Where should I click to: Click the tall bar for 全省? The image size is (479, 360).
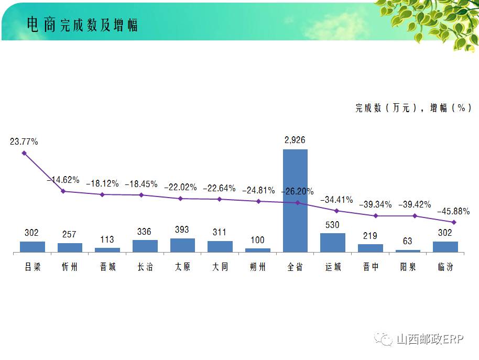[x=295, y=201]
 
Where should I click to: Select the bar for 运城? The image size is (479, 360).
[x=333, y=243]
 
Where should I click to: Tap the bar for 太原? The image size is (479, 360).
[x=182, y=245]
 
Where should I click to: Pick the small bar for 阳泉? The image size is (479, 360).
[x=408, y=251]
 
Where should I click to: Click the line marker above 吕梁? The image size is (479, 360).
[x=24, y=153]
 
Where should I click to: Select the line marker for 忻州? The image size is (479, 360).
[x=63, y=191]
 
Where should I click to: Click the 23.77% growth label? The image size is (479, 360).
[x=24, y=141]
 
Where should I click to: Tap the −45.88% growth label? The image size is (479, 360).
[x=453, y=211]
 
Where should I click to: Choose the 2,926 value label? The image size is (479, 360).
[x=295, y=140]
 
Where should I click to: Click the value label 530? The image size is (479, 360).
[x=332, y=225]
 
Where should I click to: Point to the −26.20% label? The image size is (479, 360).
[x=297, y=192]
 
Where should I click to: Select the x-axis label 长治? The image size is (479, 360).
[x=145, y=267]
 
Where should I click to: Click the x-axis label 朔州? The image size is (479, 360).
[x=258, y=267]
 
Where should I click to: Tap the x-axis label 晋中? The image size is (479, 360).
[x=371, y=267]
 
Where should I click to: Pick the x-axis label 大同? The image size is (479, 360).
[x=220, y=267]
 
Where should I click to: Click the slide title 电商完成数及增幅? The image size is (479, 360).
[x=82, y=25]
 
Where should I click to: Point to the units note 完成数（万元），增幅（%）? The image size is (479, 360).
[x=413, y=107]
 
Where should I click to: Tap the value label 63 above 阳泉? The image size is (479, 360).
[x=408, y=241]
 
